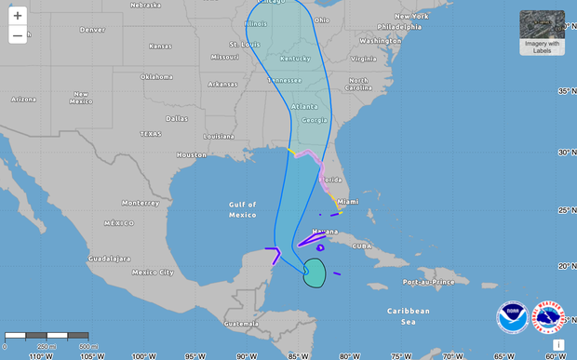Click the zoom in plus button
click(18, 16)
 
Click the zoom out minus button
click(18, 35)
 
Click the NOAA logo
click(512, 317)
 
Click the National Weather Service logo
click(547, 317)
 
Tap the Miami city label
click(348, 201)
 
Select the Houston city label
click(191, 154)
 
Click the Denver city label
click(92, 29)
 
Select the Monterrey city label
click(140, 203)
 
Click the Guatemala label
click(240, 323)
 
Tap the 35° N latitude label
click(564, 91)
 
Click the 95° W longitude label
click(194, 354)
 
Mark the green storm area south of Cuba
click(315, 273)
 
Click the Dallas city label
click(177, 118)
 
